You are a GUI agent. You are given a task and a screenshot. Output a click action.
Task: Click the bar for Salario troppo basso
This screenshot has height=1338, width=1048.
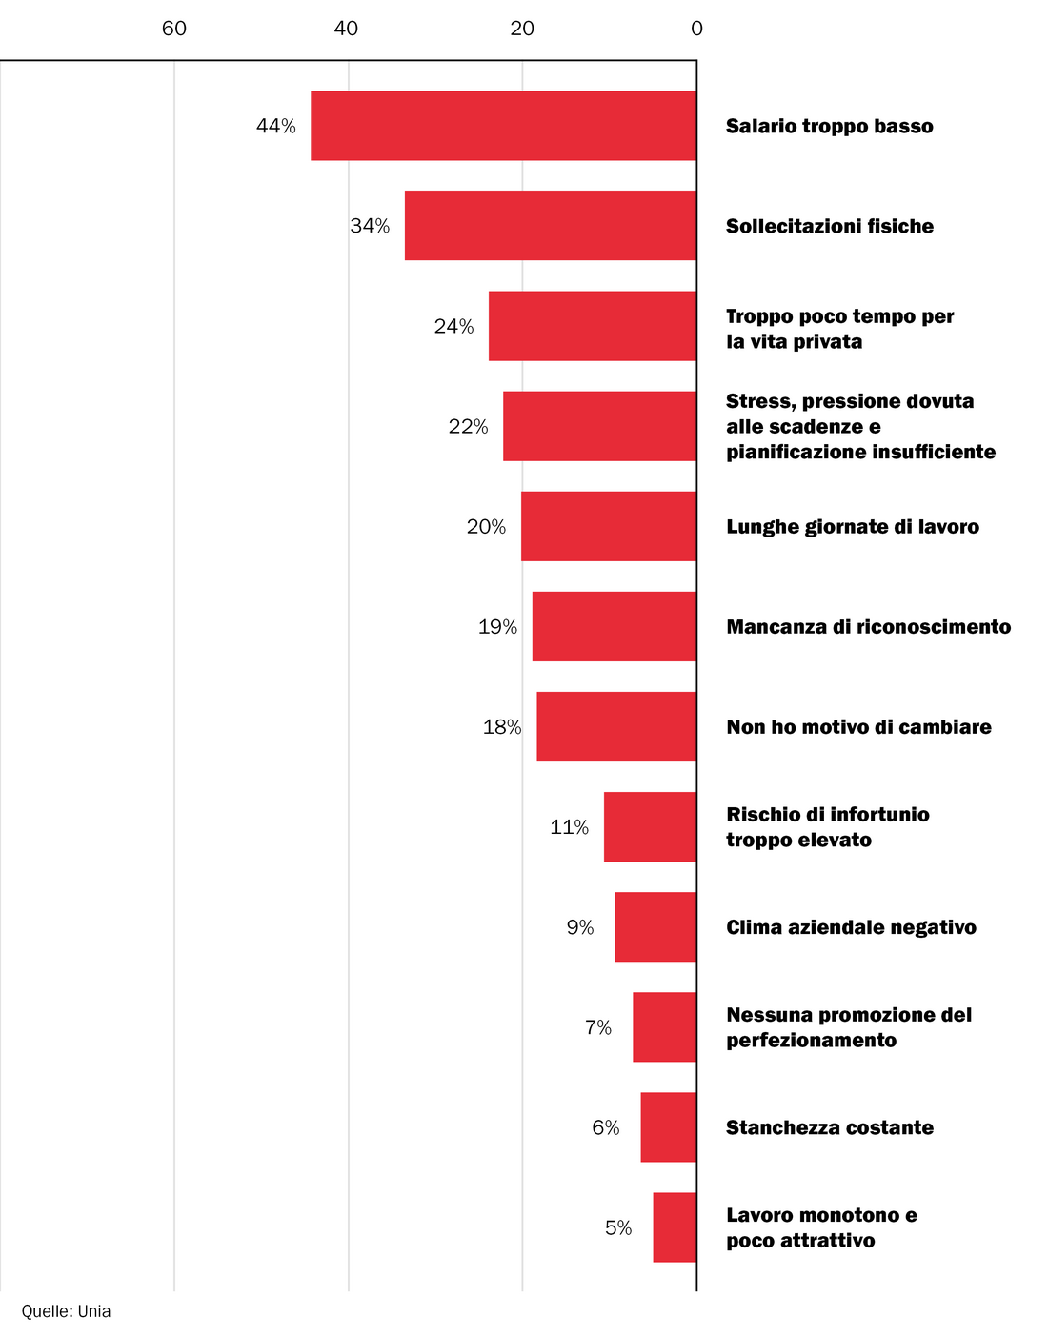(x=503, y=126)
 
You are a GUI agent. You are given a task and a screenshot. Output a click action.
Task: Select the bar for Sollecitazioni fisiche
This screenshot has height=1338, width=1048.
(x=550, y=226)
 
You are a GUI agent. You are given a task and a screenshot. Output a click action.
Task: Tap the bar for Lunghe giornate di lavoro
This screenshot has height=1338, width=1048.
(x=608, y=526)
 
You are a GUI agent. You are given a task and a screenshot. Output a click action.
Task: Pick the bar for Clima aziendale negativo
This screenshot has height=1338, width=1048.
(x=655, y=927)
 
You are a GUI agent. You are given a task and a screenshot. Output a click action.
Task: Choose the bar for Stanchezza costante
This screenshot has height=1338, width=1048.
(x=668, y=1127)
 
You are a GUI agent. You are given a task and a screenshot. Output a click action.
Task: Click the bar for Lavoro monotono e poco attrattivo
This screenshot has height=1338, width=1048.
(x=675, y=1227)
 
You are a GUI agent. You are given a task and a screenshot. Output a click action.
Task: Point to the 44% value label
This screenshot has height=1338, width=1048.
(x=276, y=126)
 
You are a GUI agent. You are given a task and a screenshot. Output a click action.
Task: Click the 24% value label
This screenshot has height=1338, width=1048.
(x=453, y=327)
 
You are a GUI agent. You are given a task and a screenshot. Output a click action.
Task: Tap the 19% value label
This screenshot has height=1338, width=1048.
(x=497, y=627)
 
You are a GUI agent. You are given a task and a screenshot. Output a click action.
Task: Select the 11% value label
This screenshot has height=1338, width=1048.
(x=569, y=827)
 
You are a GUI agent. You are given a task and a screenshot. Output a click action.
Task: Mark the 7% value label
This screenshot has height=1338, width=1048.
(x=598, y=1027)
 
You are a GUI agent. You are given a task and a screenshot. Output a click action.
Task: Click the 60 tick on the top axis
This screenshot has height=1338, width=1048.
(x=174, y=29)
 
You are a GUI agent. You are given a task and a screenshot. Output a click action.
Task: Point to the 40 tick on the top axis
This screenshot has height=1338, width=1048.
(x=347, y=29)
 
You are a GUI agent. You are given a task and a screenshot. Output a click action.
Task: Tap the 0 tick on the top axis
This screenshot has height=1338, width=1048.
(x=696, y=29)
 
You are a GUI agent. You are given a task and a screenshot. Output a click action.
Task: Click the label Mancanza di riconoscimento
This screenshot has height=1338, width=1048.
(x=868, y=627)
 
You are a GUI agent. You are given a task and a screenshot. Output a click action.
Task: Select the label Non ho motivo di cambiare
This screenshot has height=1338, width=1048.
(x=858, y=727)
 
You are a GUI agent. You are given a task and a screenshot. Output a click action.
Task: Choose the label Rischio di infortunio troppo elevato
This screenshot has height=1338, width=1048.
(x=827, y=827)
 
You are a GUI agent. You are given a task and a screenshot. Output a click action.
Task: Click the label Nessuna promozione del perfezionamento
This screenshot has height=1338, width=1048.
(x=848, y=1027)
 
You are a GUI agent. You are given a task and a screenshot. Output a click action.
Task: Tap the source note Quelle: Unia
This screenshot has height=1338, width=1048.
(x=66, y=1311)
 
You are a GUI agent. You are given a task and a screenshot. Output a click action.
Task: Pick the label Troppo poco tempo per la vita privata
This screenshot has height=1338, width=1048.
(x=839, y=329)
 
